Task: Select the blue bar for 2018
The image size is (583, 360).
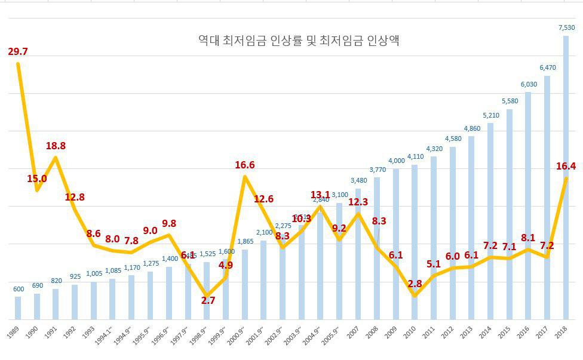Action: tap(565, 179)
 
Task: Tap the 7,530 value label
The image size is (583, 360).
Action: tap(566, 27)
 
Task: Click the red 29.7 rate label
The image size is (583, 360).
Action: tap(18, 51)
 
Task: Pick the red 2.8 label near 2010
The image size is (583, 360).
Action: tap(415, 284)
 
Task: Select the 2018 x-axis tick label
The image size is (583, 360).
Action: tap(561, 333)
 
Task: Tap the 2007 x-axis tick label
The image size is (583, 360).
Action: tap(354, 333)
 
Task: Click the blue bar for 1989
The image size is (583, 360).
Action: tap(18, 307)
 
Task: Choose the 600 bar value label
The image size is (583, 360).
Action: tap(19, 289)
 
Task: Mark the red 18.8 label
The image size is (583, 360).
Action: tap(56, 146)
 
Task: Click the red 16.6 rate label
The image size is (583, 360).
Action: tap(244, 165)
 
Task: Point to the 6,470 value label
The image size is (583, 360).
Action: tap(547, 67)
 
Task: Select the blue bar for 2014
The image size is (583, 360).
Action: tap(490, 221)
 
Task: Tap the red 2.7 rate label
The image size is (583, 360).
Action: tap(208, 300)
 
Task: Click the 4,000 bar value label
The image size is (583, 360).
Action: tap(396, 161)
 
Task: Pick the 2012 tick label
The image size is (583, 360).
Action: tap(448, 333)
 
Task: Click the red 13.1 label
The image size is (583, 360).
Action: tap(320, 195)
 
